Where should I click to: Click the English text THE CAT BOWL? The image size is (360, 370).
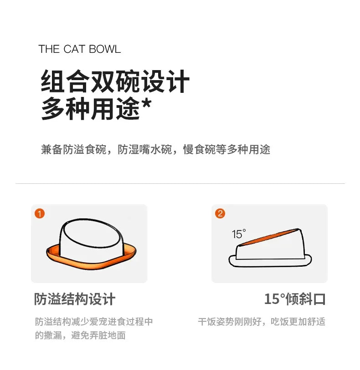click(80, 49)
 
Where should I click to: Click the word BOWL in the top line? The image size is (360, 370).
click(105, 49)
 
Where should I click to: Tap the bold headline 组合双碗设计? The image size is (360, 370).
click(115, 82)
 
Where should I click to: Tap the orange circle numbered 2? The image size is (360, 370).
click(220, 213)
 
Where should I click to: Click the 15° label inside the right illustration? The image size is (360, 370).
click(238, 234)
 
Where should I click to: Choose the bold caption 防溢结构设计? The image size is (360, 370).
click(75, 299)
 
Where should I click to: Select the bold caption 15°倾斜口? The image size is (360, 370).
click(295, 299)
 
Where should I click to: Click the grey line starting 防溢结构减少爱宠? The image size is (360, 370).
click(94, 322)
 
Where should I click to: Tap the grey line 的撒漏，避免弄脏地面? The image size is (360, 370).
click(80, 336)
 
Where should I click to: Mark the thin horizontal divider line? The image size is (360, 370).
click(180, 183)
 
